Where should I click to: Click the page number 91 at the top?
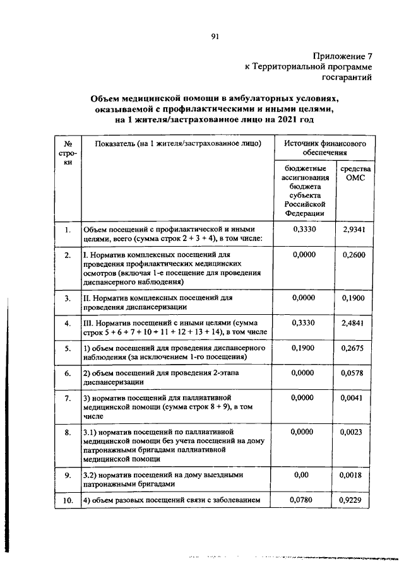click(215, 37)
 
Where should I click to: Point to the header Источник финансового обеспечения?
click(325, 148)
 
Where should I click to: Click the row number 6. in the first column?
click(68, 374)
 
